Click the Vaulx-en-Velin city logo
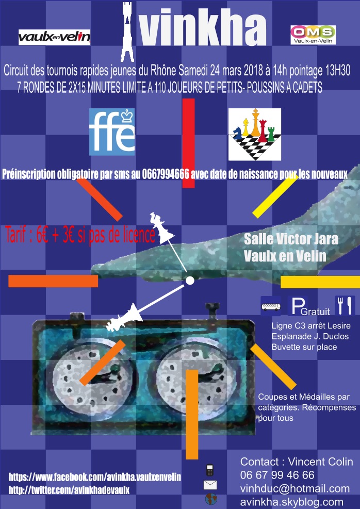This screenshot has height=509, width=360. [x=54, y=37]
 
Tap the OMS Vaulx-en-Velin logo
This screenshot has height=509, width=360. [x=313, y=35]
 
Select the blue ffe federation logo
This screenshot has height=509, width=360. [x=112, y=132]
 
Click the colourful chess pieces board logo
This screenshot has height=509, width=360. [x=254, y=135]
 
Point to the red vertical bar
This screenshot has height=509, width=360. [x=188, y=143]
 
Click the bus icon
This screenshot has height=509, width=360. [x=271, y=306]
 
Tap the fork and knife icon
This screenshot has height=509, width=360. [x=345, y=305]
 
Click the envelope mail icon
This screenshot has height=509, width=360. [x=210, y=485]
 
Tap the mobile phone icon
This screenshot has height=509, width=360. [x=210, y=470]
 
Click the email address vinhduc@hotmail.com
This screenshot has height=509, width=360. [x=295, y=488]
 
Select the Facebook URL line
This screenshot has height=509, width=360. [x=95, y=477]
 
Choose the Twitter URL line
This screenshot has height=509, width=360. [x=69, y=490]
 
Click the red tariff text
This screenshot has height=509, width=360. [x=80, y=235]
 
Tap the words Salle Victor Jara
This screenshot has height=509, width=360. [x=291, y=240]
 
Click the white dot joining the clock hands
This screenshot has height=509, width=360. [x=190, y=281]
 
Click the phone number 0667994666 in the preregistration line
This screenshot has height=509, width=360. [x=166, y=175]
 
